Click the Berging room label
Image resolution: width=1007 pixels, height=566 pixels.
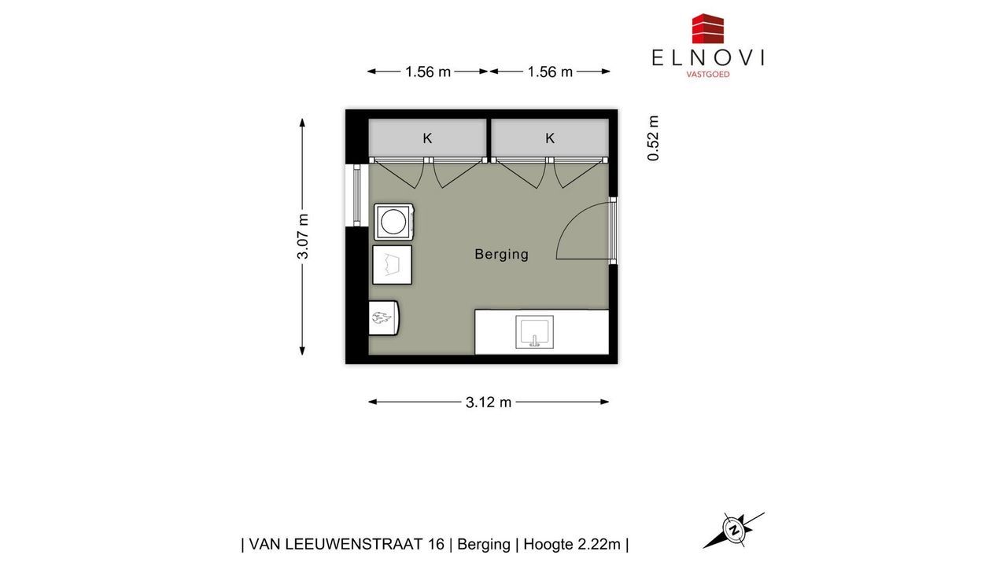[x=501, y=254]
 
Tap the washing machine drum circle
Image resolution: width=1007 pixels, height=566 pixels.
[x=393, y=222]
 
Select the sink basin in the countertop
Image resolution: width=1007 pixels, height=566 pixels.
[x=534, y=332]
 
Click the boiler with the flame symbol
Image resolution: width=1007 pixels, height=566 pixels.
[x=383, y=318]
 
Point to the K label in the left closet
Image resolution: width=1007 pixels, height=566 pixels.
[x=427, y=138]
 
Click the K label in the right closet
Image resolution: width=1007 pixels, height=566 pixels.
[x=549, y=138]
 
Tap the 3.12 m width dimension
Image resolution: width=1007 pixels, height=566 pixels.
[x=489, y=402]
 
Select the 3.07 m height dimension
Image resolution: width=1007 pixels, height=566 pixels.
[x=303, y=237]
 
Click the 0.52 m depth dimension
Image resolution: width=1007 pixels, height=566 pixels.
[x=653, y=138]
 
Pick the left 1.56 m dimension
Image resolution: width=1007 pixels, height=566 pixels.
[x=427, y=72]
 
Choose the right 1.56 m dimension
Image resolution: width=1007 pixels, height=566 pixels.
[x=550, y=72]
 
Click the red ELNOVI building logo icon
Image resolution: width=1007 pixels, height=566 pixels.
[x=707, y=29]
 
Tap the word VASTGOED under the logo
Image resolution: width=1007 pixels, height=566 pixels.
[x=707, y=75]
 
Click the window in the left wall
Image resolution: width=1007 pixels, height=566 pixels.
[x=357, y=195]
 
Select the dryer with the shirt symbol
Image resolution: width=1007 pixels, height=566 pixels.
[x=392, y=265]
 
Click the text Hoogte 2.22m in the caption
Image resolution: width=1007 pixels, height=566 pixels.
[x=572, y=545]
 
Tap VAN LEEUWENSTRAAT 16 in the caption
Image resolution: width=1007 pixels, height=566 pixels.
[x=347, y=545]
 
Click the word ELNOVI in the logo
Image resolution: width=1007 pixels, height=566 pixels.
[x=707, y=58]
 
